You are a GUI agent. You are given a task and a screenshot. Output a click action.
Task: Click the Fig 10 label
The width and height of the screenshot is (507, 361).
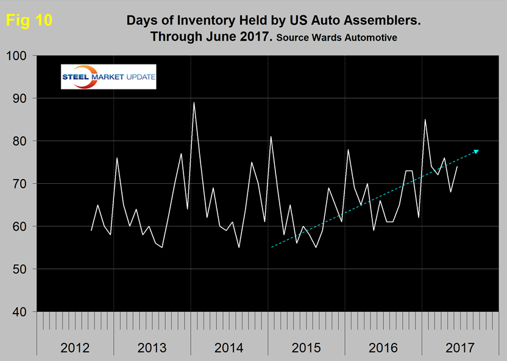[x=29, y=20]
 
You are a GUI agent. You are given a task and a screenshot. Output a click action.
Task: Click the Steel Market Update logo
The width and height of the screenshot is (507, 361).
[x=108, y=77]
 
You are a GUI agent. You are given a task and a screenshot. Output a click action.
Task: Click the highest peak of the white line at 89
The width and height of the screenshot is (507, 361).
[x=194, y=103]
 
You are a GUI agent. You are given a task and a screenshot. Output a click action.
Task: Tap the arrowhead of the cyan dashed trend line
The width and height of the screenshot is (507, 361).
[x=477, y=150]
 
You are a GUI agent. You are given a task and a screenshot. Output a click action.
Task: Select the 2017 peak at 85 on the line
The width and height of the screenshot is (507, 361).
[x=425, y=120]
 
